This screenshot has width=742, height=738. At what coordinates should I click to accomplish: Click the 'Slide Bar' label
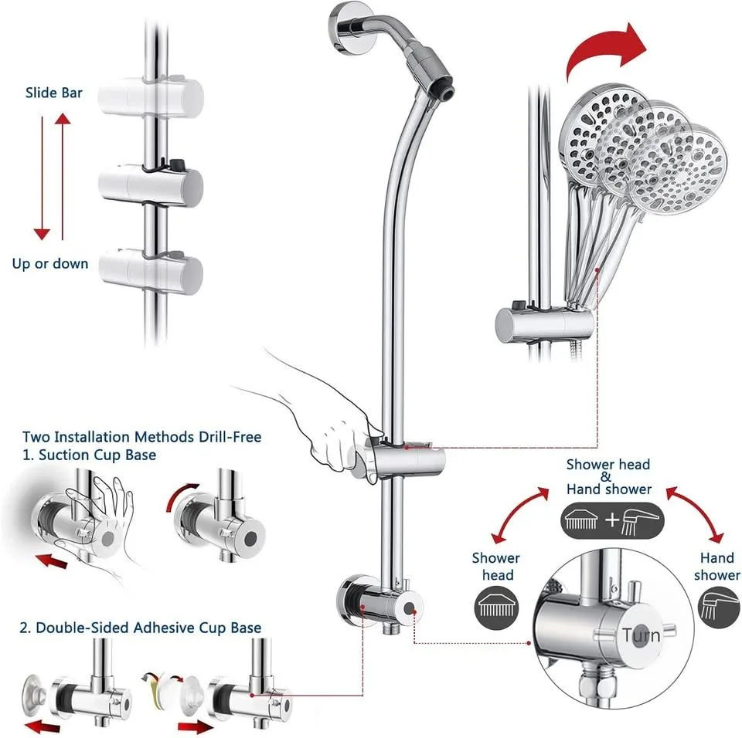(53, 93)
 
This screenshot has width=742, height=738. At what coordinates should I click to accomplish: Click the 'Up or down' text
(50, 263)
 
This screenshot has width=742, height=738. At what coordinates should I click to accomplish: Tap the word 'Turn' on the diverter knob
(641, 635)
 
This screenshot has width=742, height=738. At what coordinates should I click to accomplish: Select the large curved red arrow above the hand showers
(607, 50)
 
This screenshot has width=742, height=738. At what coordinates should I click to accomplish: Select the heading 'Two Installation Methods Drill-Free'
(142, 437)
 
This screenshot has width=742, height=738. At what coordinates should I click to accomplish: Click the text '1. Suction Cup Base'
(88, 455)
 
